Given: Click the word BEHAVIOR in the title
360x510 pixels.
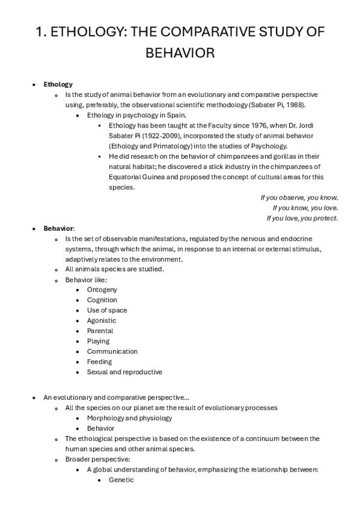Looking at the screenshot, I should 180,54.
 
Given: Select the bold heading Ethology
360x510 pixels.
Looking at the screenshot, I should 58,84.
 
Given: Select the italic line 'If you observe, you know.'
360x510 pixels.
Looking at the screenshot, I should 299,197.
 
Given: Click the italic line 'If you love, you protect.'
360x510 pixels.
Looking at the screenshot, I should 302,218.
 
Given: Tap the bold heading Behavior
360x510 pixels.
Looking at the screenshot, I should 58,229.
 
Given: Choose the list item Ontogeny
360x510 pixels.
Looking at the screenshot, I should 102,290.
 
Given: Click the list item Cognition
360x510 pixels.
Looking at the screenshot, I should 102,300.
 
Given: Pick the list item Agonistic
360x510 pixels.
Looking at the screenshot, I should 102,321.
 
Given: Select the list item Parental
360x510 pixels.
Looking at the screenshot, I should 100,331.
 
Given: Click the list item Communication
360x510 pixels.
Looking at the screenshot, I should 112,351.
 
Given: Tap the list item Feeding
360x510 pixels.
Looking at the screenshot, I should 99,361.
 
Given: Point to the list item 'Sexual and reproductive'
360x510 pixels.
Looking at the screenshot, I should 124,372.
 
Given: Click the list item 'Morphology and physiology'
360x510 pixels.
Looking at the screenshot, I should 129,418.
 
